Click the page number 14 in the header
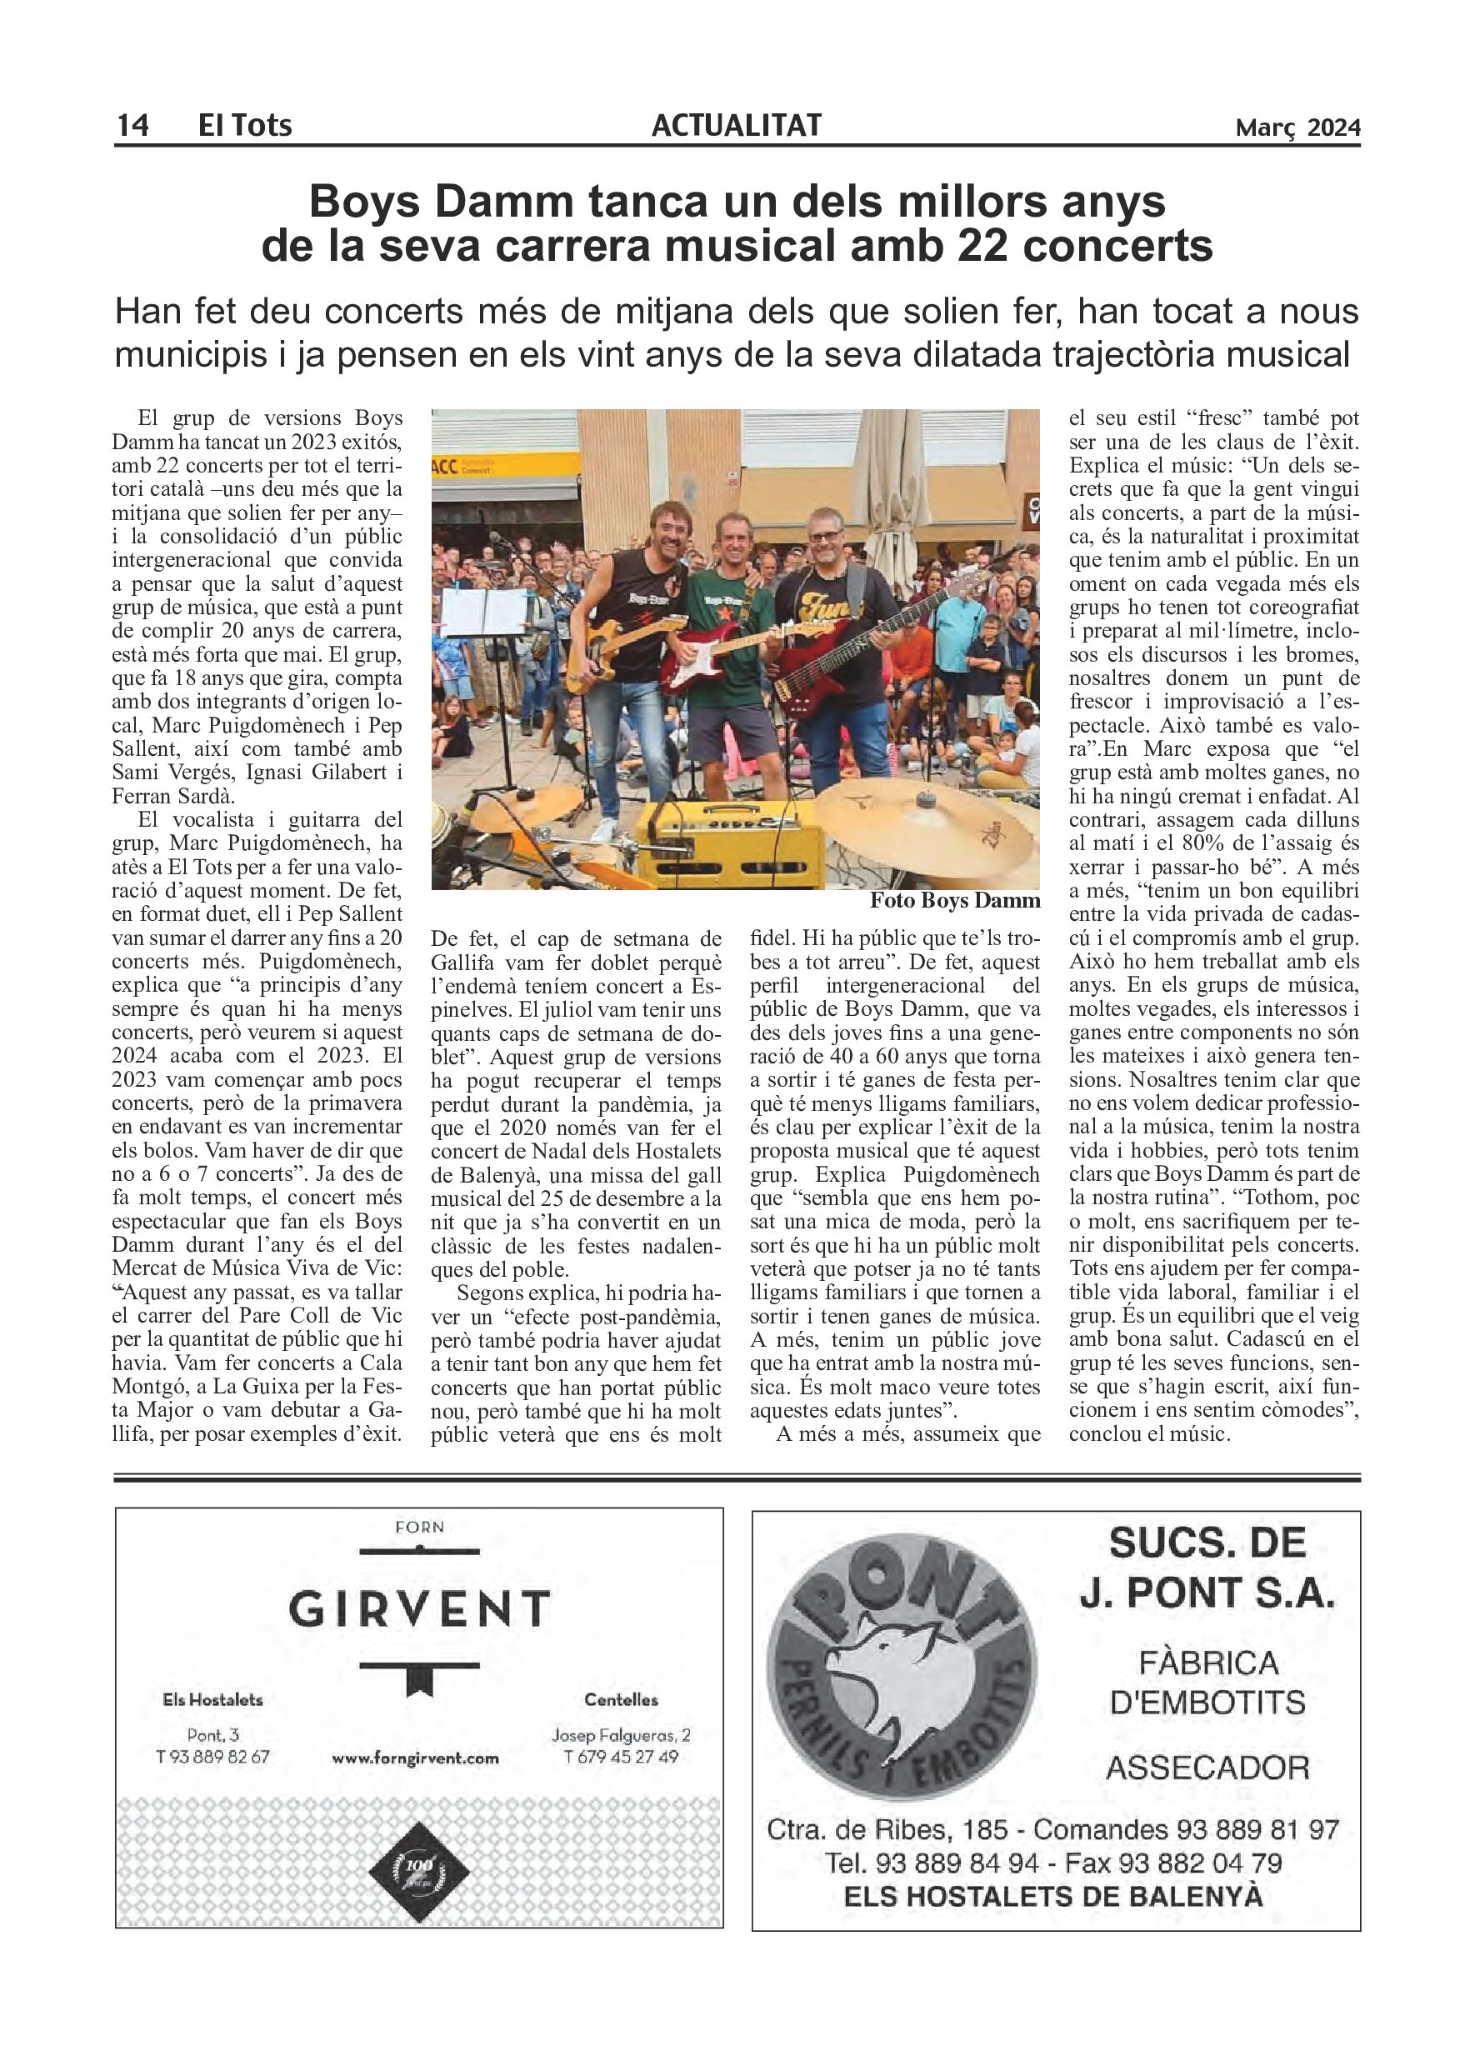click(132, 124)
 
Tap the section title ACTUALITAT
click(736, 124)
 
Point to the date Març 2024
click(1297, 128)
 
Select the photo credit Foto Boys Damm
click(954, 900)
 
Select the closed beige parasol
click(888, 478)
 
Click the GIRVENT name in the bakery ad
click(419, 1608)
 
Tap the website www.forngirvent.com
click(415, 1758)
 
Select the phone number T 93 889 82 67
click(212, 1757)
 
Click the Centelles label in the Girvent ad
click(621, 1699)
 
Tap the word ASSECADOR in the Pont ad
click(1207, 1768)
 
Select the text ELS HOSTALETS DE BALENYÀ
click(1052, 1895)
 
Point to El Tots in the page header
click(244, 124)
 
